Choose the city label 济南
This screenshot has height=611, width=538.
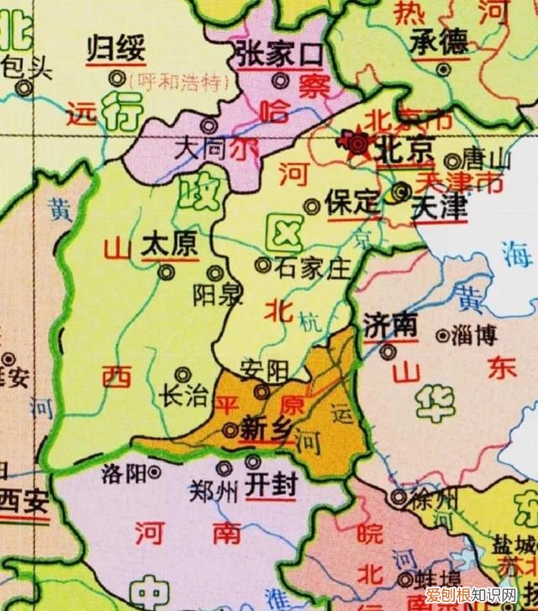point(391,325)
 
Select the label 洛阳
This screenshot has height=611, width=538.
point(124,471)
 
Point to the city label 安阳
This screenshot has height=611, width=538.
point(264,369)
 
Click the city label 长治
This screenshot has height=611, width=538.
point(183,396)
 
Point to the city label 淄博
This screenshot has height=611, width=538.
point(474,335)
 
